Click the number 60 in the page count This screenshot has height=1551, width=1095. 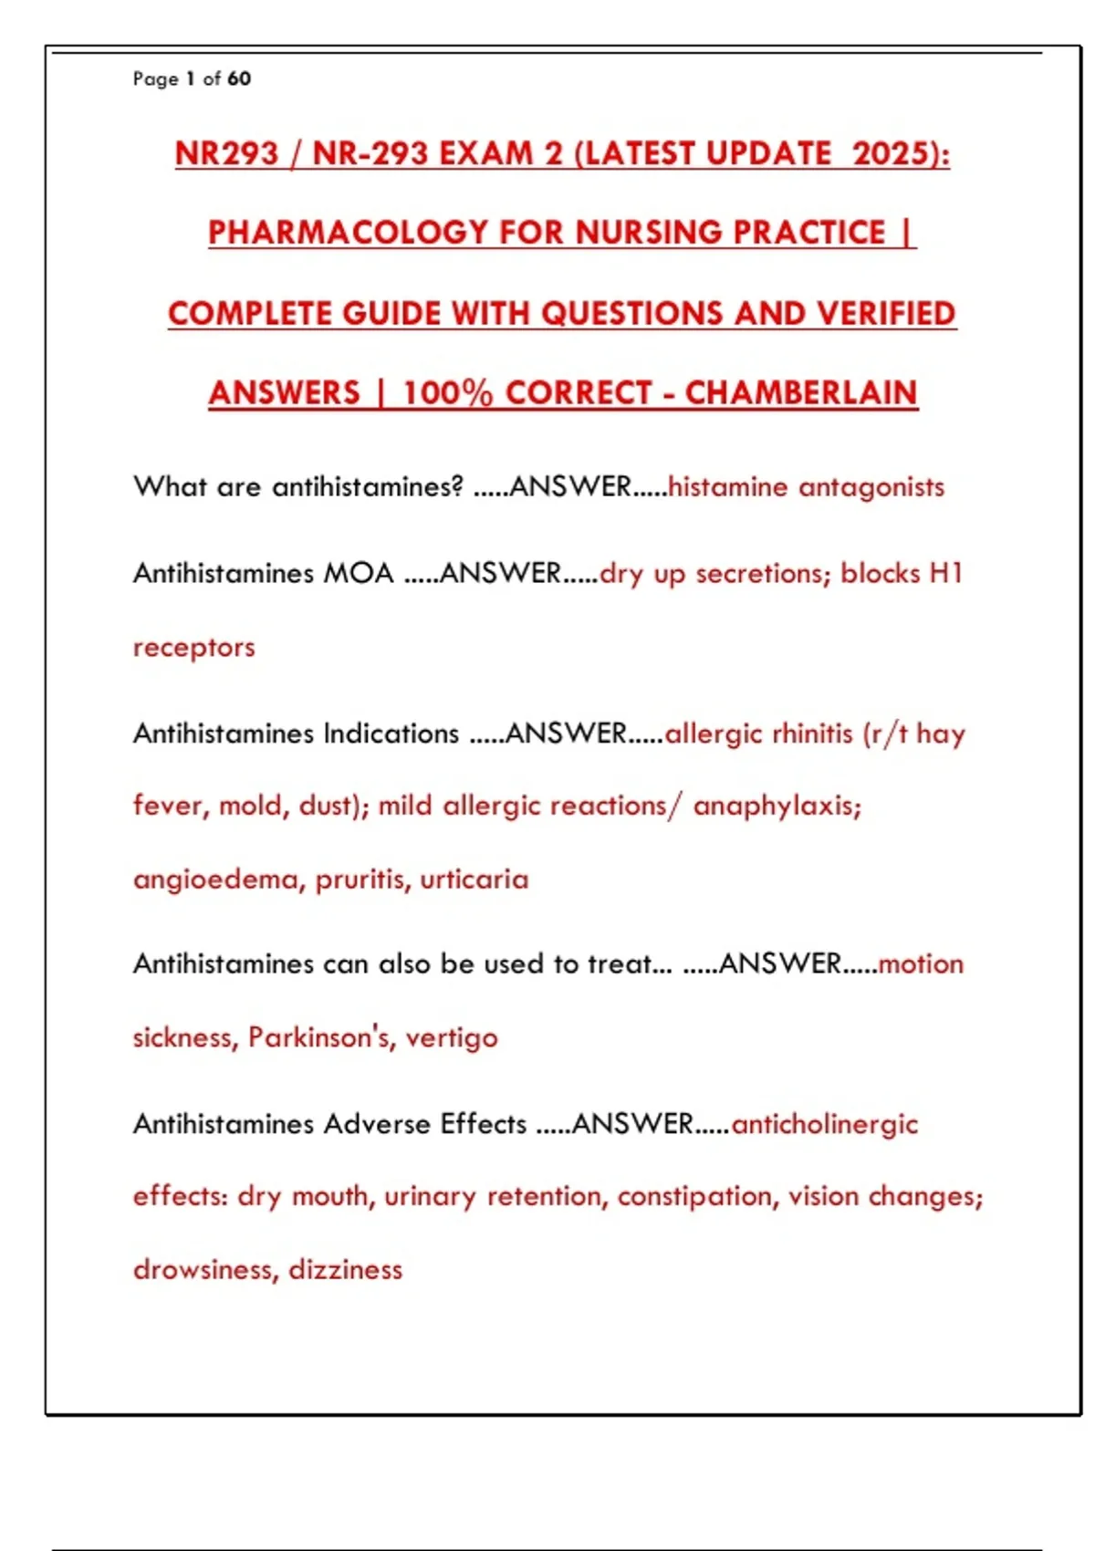239,78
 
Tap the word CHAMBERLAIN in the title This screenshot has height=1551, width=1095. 800,393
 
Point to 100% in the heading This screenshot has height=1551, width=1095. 447,393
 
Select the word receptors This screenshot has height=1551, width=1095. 193,648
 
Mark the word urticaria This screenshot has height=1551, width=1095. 474,880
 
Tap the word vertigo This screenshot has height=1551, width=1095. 452,1037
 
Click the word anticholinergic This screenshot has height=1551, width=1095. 824,1124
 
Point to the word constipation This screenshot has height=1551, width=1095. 693,1196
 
